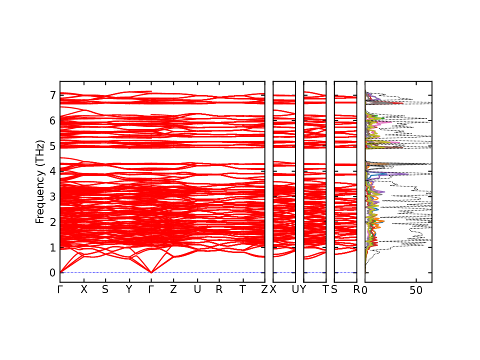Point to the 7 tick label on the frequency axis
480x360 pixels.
pos(52,95)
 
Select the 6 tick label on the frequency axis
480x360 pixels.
pos(52,120)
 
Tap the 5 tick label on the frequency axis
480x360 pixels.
pos(52,146)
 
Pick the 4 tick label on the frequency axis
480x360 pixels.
pos(52,171)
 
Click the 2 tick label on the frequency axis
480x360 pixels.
pos(52,222)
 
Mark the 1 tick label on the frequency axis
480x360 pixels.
pos(52,247)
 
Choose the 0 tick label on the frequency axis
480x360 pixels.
pos(52,273)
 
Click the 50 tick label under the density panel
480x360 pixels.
pos(416,290)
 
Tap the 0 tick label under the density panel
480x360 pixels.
pos(365,290)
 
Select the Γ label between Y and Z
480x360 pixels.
pos(151,289)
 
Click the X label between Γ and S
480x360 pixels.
pos(84,289)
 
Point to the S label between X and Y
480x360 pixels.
pos(105,289)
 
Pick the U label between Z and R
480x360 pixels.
pos(197,289)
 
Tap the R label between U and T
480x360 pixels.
pos(219,289)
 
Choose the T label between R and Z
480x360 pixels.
pos(242,289)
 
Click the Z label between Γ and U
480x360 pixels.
pos(173,289)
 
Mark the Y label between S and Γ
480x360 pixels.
pos(129,289)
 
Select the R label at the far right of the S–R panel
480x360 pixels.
pos(356,289)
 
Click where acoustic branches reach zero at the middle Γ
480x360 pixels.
pos(151,272)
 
